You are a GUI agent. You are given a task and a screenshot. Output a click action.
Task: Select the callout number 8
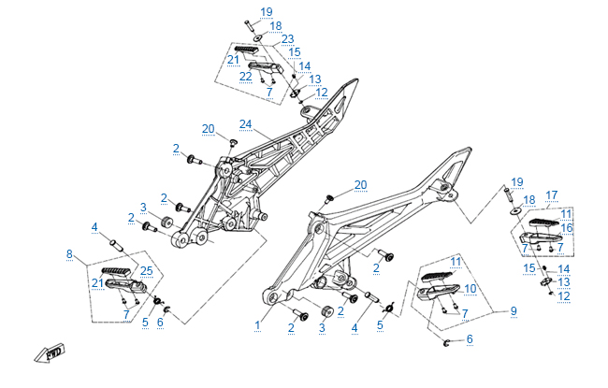click(69, 253)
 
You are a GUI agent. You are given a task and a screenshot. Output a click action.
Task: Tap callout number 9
click(512, 309)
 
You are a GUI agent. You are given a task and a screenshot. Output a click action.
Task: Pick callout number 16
click(567, 227)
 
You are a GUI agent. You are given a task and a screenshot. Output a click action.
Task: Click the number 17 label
click(552, 194)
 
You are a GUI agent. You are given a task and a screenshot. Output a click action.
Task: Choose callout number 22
click(244, 76)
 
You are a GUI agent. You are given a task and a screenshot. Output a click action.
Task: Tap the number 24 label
click(246, 123)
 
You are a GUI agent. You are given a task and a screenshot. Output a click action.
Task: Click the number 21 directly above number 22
click(232, 59)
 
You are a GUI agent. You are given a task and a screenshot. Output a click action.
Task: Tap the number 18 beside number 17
click(528, 200)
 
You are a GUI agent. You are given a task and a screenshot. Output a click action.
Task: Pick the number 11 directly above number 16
click(566, 214)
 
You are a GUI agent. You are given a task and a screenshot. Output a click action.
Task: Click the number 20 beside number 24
click(208, 128)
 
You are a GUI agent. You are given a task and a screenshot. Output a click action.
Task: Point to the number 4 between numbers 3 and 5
click(355, 327)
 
